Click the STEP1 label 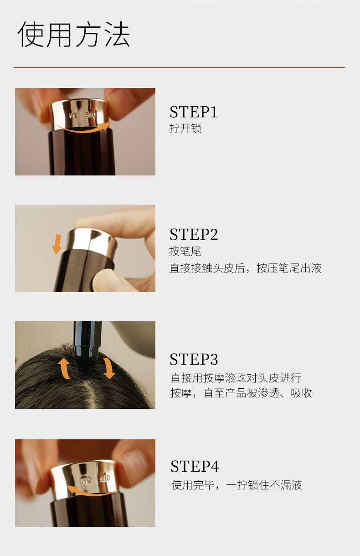click(193, 112)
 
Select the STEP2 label click(194, 234)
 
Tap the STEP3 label click(194, 359)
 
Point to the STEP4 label click(195, 466)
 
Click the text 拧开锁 click(185, 128)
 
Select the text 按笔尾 click(185, 251)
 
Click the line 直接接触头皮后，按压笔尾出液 click(245, 268)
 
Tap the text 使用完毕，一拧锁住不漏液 click(237, 485)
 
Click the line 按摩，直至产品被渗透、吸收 click(241, 393)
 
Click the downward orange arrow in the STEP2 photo click(57, 244)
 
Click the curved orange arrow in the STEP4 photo click(92, 493)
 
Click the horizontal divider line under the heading click(179, 67)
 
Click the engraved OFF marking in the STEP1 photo click(91, 115)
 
